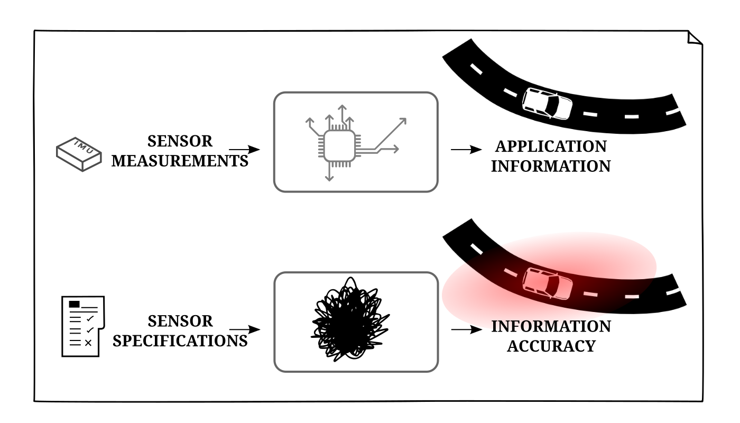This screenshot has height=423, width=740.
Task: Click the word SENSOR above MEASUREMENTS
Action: (180, 141)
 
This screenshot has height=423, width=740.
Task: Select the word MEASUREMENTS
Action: (180, 160)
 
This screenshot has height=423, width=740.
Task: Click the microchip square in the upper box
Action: (338, 145)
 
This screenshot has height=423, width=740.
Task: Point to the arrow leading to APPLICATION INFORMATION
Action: (467, 150)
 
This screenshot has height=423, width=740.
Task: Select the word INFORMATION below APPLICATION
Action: (551, 165)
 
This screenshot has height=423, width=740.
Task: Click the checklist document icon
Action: (82, 326)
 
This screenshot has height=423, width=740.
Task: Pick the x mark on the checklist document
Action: (88, 343)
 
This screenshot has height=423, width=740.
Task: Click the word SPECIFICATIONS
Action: (180, 341)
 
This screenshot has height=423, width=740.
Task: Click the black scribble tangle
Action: (349, 320)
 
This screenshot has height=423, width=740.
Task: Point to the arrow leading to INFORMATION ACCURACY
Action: (467, 330)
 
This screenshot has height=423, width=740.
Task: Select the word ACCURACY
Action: (551, 346)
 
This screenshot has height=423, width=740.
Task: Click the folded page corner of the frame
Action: (695, 39)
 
